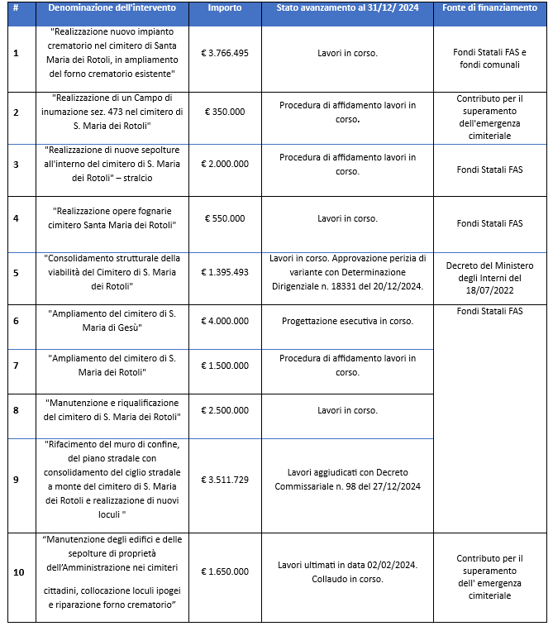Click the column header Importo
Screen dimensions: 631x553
click(x=225, y=7)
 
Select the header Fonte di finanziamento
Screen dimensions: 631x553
click(x=490, y=7)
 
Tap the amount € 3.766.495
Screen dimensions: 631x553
click(x=225, y=52)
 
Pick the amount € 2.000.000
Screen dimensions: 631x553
click(x=225, y=164)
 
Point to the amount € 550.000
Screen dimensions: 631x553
click(x=225, y=218)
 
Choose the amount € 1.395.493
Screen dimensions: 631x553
click(x=225, y=272)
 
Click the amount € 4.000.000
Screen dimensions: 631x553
click(x=225, y=321)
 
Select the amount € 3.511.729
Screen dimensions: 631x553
click(x=225, y=479)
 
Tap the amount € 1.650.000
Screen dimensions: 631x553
click(x=225, y=571)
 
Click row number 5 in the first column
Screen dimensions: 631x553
click(x=17, y=272)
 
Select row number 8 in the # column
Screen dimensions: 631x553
click(x=17, y=410)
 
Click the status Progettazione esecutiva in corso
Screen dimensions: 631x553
click(x=347, y=321)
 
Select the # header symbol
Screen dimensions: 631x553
click(x=17, y=7)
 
